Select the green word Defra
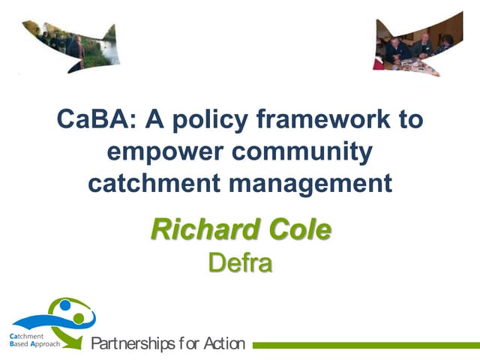[239, 263]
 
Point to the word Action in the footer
[223, 344]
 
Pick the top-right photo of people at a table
[412, 45]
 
